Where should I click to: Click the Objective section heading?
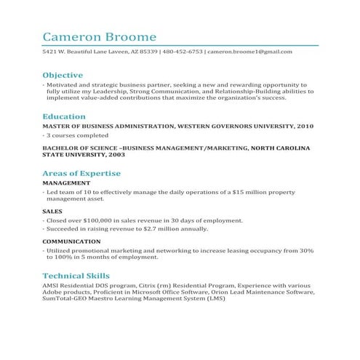tap(63, 75)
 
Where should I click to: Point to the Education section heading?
tap(64, 116)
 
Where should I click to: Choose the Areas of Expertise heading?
tap(81, 174)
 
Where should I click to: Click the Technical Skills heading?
tap(76, 276)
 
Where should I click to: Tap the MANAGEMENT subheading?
tap(66, 183)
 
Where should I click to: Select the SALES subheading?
tap(52, 212)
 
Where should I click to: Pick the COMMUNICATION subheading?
tap(71, 241)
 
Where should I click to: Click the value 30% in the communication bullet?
tap(306, 250)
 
